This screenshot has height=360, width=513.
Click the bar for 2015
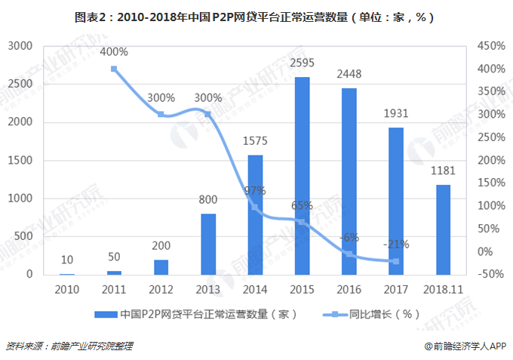click(x=302, y=175)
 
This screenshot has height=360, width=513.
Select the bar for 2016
click(x=349, y=181)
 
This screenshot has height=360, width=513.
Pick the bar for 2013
click(x=208, y=244)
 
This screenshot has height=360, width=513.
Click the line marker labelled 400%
click(x=114, y=69)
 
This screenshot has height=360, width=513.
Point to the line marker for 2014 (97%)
click(x=254, y=207)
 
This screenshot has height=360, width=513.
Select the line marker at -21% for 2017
click(x=395, y=261)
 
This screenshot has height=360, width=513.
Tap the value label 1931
click(x=396, y=114)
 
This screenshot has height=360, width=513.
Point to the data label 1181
click(x=443, y=171)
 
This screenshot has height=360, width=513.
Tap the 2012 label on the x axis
click(x=161, y=290)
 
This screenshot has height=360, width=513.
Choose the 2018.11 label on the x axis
click(x=443, y=290)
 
